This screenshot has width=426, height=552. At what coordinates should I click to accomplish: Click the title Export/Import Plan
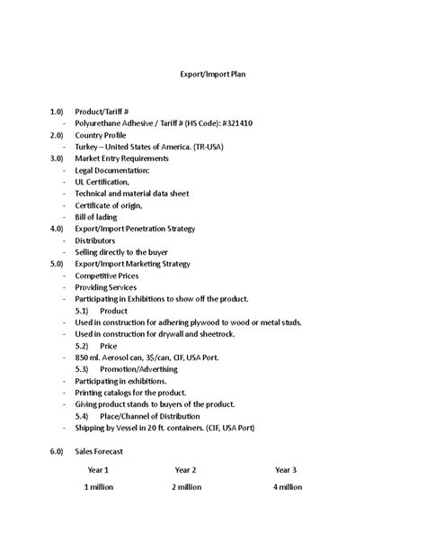point(213,76)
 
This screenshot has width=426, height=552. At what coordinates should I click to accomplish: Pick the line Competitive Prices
point(112,276)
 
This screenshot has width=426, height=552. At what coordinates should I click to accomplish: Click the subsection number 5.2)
point(82,346)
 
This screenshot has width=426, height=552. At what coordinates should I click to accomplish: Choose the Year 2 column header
point(185,470)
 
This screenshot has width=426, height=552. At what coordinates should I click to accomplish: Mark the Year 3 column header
point(286,470)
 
